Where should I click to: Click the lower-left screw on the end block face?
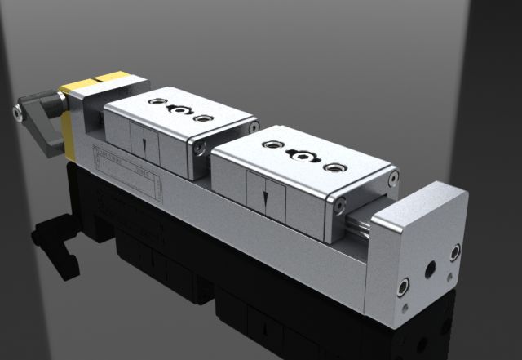click(402, 287)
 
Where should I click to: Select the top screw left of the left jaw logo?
click(156, 102)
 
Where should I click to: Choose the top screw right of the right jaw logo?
click(333, 167)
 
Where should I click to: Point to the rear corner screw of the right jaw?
click(393, 174)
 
